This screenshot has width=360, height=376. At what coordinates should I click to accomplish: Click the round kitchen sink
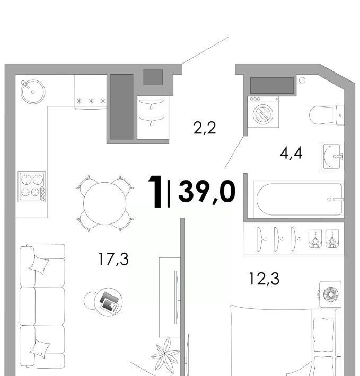[x=33, y=92]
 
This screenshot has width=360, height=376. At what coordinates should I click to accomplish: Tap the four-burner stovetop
[x=32, y=186]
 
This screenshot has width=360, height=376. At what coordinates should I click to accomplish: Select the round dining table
[x=105, y=203]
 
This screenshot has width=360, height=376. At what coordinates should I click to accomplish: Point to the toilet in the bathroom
[x=327, y=115]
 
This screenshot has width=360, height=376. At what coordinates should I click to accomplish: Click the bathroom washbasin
[x=333, y=156]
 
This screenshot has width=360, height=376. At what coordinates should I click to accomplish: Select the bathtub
[x=299, y=200]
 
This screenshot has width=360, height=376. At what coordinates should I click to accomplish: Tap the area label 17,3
[x=113, y=259]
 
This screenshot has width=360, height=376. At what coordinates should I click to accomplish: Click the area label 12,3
[x=264, y=279]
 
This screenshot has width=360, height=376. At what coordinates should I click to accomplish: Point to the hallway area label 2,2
[x=205, y=128]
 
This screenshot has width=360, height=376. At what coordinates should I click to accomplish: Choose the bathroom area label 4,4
[x=291, y=153]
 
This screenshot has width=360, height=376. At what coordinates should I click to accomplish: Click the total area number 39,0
[x=207, y=192]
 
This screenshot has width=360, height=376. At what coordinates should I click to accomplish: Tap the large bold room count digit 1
[x=155, y=191]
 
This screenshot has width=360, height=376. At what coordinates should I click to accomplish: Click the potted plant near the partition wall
[x=165, y=353]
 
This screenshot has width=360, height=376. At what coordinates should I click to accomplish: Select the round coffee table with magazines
[x=108, y=302]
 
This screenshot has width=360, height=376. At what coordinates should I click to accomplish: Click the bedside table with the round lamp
[x=330, y=294]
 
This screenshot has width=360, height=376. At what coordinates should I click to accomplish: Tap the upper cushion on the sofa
[x=39, y=265]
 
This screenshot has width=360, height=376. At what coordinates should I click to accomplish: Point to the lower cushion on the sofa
[x=40, y=349]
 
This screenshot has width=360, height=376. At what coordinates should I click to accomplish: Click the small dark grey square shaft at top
[x=153, y=77]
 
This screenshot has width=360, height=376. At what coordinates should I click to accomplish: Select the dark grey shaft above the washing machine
[x=272, y=85]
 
